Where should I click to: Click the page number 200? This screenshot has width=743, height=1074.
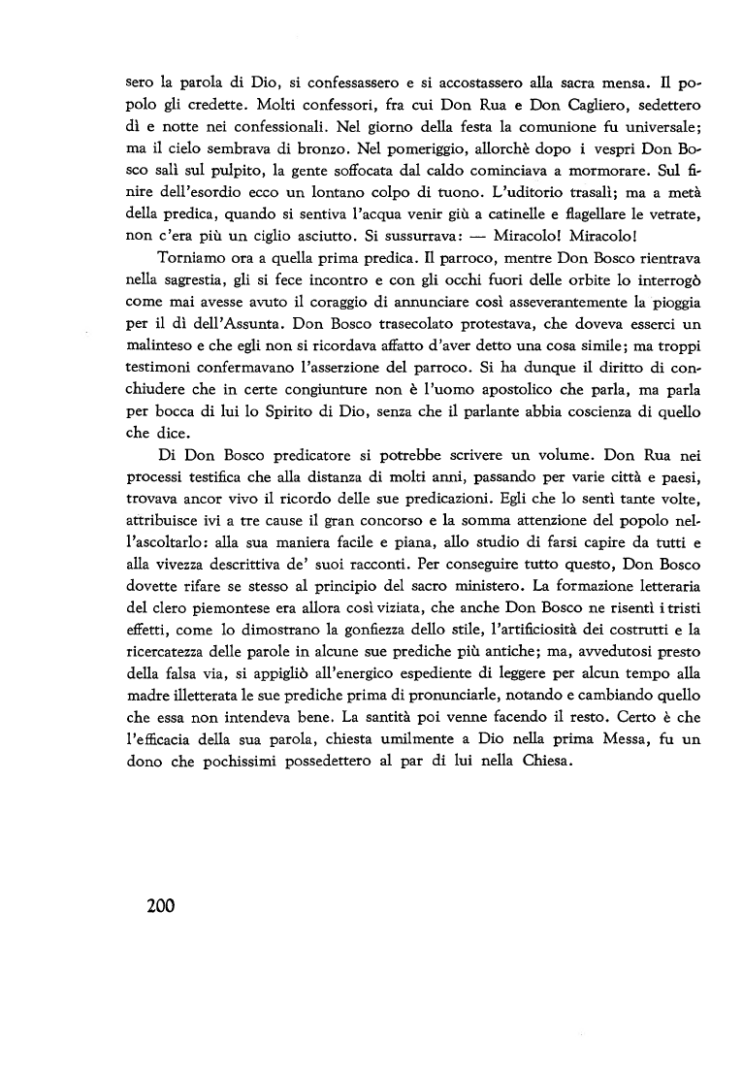coord(151,906)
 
